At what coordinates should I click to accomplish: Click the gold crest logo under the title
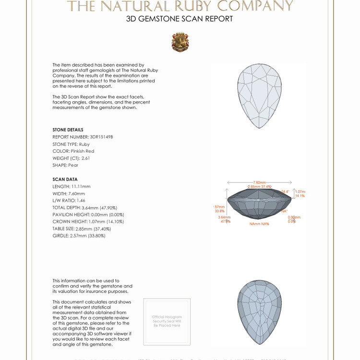click(180, 42)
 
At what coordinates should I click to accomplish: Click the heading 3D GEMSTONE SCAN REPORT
click(180, 19)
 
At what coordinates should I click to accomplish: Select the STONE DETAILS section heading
click(68, 130)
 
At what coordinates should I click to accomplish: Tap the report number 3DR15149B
click(101, 137)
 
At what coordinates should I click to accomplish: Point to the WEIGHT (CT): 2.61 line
click(71, 158)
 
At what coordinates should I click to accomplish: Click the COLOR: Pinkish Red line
click(73, 151)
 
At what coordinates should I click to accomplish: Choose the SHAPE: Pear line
click(65, 165)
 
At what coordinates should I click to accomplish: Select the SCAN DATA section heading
click(65, 180)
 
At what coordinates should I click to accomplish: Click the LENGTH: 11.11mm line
click(72, 186)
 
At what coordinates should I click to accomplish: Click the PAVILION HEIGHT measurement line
click(88, 215)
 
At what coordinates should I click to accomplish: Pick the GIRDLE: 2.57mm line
click(79, 236)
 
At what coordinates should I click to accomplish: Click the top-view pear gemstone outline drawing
click(260, 96)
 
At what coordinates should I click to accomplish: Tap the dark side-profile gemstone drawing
click(259, 204)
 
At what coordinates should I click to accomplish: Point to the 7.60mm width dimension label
click(259, 182)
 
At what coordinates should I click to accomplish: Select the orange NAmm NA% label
click(259, 224)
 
